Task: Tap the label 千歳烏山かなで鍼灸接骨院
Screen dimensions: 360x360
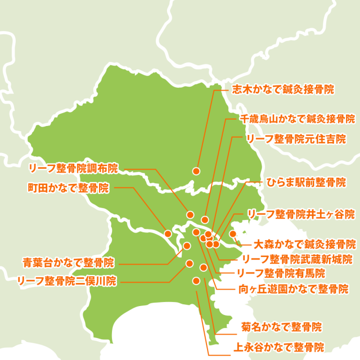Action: point(297,119)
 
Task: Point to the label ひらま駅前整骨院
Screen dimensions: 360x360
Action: point(306,182)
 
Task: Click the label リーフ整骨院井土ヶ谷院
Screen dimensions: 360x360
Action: point(301,214)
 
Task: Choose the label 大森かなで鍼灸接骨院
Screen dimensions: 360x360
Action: point(304,244)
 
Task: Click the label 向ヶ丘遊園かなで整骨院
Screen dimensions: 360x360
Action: point(290,289)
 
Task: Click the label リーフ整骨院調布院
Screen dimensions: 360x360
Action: point(73,168)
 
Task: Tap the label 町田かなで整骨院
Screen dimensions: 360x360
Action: point(68,187)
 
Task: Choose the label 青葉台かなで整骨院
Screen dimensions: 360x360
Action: point(68,263)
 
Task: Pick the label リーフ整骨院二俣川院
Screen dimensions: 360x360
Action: point(66,280)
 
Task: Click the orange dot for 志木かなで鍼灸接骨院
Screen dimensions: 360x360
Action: point(196,170)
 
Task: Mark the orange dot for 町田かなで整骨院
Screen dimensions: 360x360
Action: point(168,233)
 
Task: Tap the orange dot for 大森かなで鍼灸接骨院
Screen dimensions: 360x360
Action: point(233,233)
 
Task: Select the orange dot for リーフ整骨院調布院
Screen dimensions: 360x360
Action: point(190,214)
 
